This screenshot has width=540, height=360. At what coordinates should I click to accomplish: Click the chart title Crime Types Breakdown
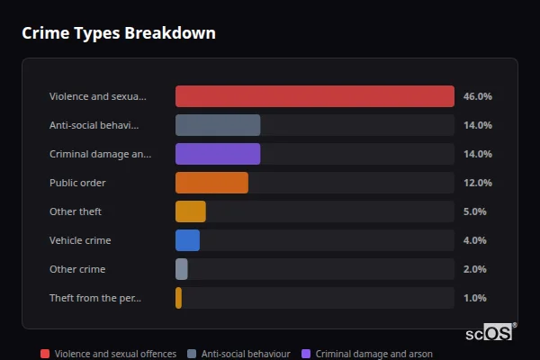pos(118,33)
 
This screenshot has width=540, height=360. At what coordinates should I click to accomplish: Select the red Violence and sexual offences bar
pos(314,96)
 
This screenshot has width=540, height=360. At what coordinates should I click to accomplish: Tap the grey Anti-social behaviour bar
pos(218,125)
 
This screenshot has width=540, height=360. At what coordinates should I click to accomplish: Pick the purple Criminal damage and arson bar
pos(218,154)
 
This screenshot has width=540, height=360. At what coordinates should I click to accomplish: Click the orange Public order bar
pos(211,183)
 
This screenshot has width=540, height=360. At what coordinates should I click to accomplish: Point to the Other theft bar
pos(191,211)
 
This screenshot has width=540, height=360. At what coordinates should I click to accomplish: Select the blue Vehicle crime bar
pos(187,240)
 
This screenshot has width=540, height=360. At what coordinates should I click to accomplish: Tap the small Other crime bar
pos(182,269)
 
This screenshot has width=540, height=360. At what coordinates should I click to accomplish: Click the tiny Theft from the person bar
pos(179,298)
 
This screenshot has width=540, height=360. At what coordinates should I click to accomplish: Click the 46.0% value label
pos(477,96)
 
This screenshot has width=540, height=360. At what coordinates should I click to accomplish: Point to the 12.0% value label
pos(477,183)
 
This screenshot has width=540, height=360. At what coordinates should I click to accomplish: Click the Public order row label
pos(77,183)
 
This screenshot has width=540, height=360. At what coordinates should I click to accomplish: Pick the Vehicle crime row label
pos(80,240)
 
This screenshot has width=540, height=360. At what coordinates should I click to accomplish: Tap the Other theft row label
pos(76,211)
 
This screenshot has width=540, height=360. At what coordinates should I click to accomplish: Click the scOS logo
pos(490,332)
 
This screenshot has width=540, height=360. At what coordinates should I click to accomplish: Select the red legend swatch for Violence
pos(45,354)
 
